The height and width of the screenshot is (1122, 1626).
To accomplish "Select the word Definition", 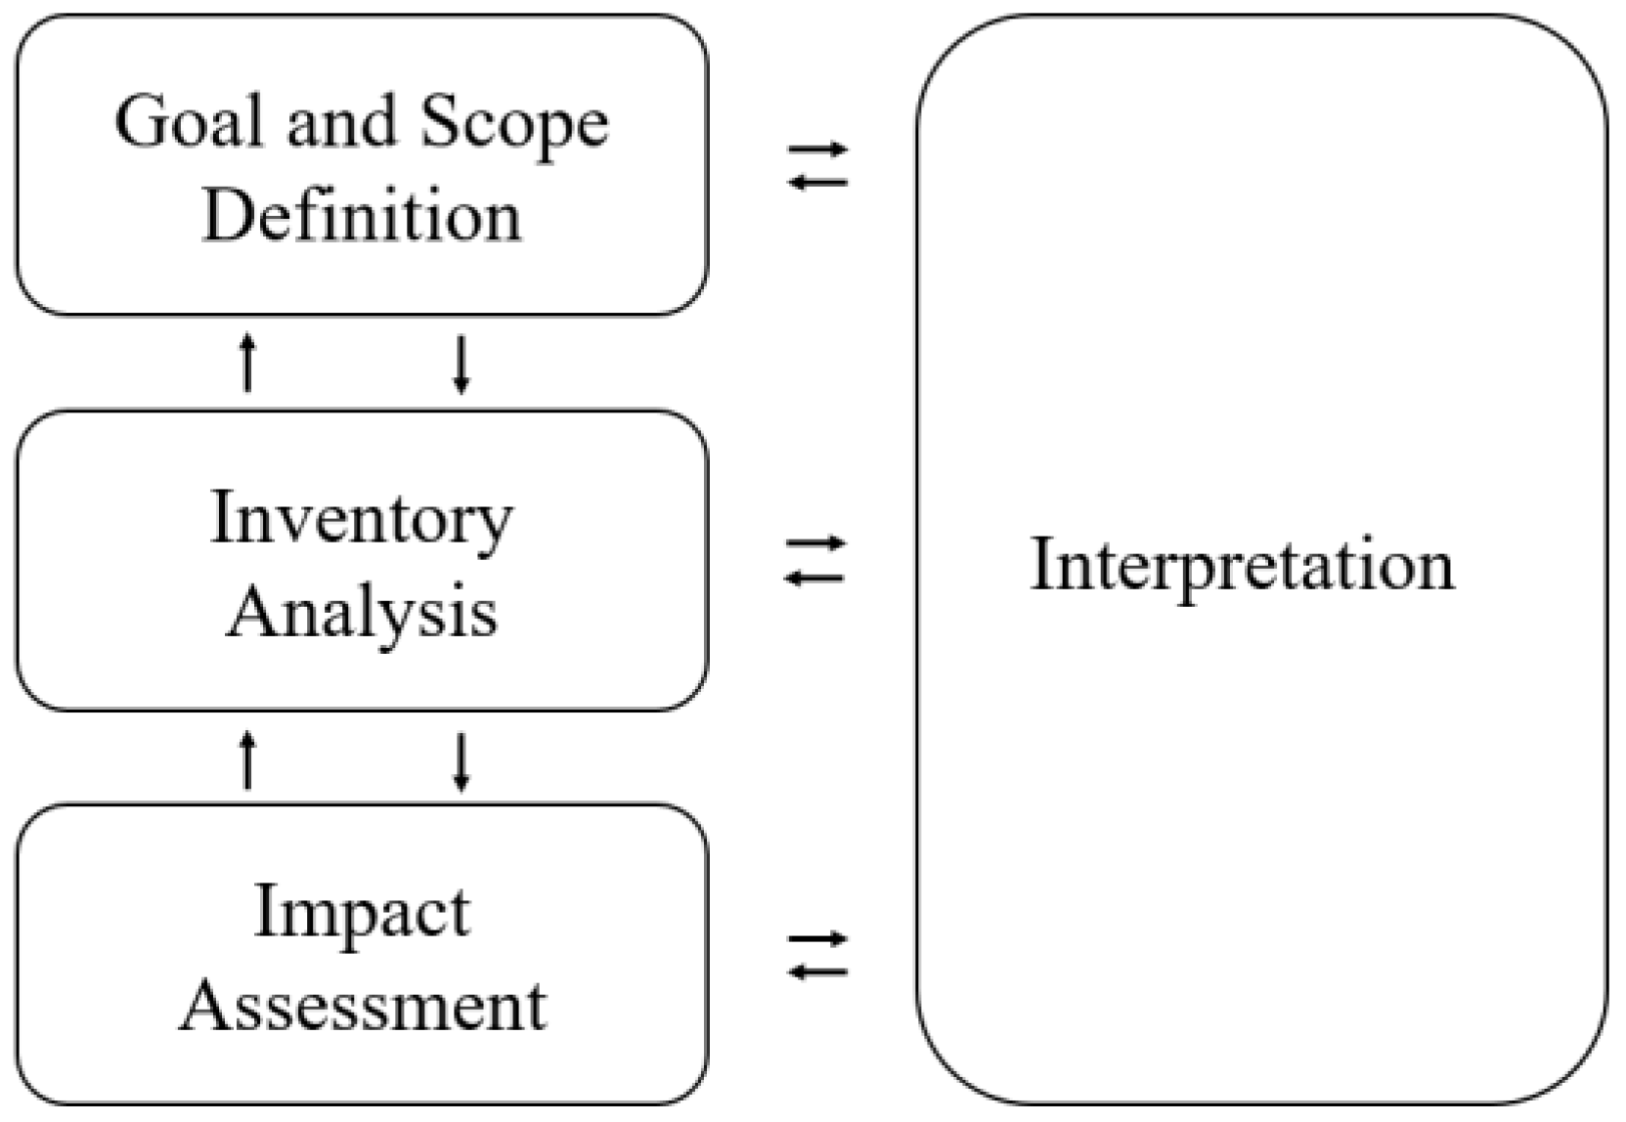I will pos(362,216).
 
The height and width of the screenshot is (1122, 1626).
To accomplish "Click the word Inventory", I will pos(362,520).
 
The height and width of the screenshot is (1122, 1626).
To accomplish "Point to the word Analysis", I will pos(362,614).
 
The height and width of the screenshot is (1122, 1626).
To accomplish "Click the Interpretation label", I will pos(1243,565).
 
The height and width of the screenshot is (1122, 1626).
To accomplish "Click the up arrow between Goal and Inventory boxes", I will pos(247,363).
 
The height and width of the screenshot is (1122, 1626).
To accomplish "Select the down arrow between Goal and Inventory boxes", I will pos(461,363).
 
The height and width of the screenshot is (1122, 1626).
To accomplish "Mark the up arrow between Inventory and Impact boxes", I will pos(247,759).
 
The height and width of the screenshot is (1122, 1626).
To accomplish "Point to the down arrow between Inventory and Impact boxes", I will pos(461,759).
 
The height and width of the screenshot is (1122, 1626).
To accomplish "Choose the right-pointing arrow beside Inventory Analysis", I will pos(815,543).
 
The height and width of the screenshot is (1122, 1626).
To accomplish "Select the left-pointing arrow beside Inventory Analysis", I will pos(815,578).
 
